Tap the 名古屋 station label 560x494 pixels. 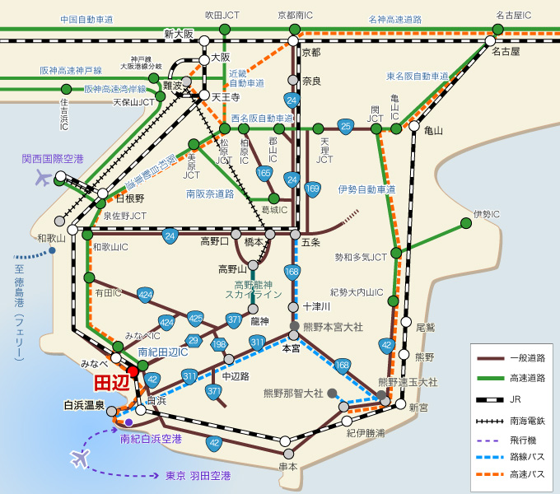coord(506,51)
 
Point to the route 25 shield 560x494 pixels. coord(346,126)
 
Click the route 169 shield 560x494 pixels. coord(312,189)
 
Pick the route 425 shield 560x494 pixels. coord(195,318)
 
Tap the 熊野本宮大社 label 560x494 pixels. coord(334,327)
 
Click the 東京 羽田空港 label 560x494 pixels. coord(198,476)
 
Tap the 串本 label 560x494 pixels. coord(287,466)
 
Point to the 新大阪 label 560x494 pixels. coord(178,34)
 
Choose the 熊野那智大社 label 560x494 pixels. coord(293,393)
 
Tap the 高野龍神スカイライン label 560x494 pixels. coord(254,288)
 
